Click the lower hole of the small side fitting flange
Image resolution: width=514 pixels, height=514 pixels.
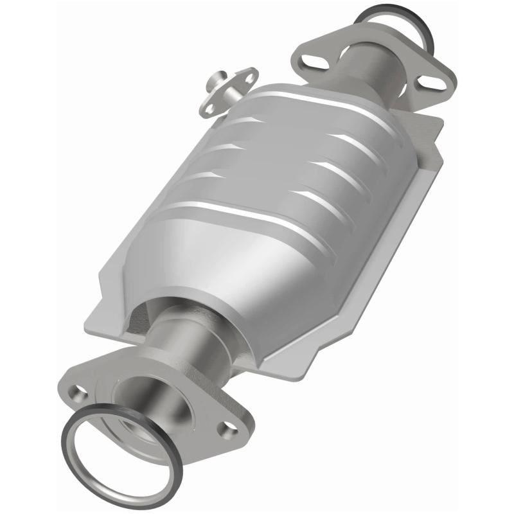[x=208, y=109]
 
